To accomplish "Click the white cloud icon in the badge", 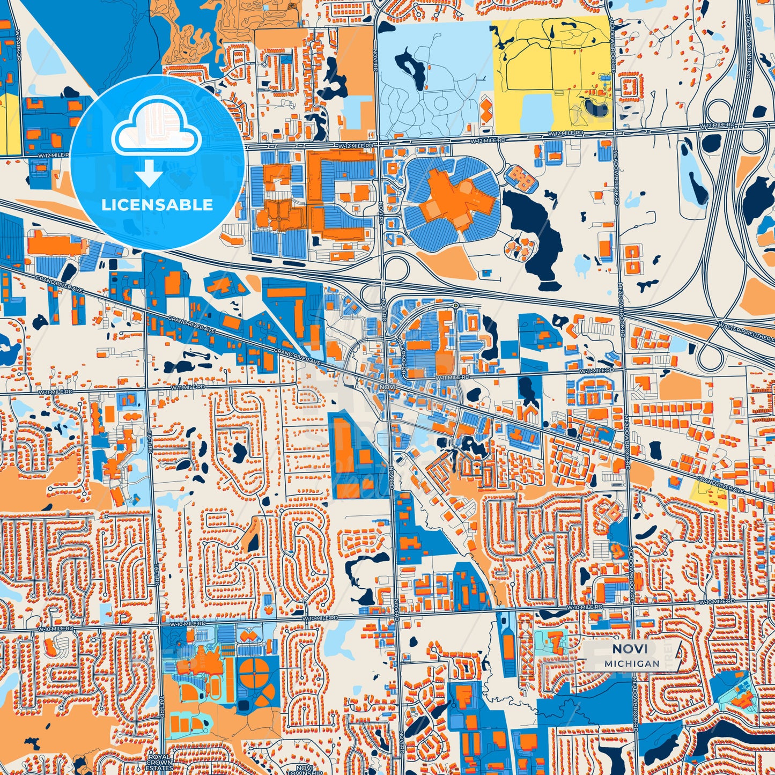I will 156,131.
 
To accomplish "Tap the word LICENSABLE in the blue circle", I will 157,205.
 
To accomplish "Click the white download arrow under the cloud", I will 150,175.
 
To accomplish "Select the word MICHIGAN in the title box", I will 632,663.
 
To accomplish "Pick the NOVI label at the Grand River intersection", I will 387,386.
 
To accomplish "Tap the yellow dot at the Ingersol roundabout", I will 455,305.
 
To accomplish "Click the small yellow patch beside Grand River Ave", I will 710,493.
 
